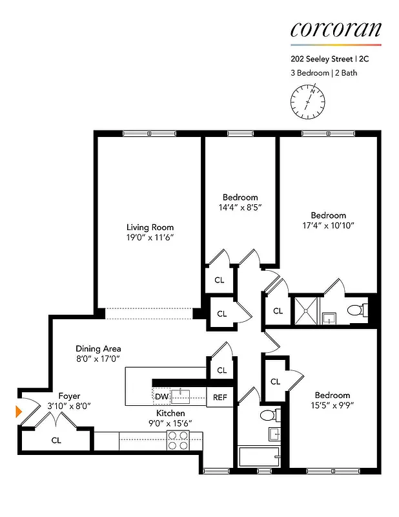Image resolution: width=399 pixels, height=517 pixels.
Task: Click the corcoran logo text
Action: pos(335,29)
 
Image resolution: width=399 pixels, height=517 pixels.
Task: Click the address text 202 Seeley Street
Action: pos(320,58)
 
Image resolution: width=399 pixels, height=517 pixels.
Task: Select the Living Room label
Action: pos(150,227)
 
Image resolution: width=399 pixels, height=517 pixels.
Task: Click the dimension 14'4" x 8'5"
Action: pos(240,207)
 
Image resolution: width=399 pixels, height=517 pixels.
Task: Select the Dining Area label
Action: pos(98,348)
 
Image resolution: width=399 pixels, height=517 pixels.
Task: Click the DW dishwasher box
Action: pos(161,396)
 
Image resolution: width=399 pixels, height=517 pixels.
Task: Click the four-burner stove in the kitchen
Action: pos(178,440)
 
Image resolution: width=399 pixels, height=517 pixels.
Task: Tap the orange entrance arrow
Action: pos(19,410)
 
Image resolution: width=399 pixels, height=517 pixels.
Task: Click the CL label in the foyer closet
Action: pos(56,440)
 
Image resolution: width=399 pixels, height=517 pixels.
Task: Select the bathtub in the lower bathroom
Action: pos(258,457)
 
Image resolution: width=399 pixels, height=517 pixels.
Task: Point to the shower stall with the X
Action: pos(306,310)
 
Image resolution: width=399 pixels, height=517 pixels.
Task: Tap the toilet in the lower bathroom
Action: pos(267,414)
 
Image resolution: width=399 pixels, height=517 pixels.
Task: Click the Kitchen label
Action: pos(170,413)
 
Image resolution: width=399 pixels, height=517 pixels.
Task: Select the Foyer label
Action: pos(69,396)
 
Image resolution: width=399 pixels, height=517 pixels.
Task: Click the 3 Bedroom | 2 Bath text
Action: pos(323,73)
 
